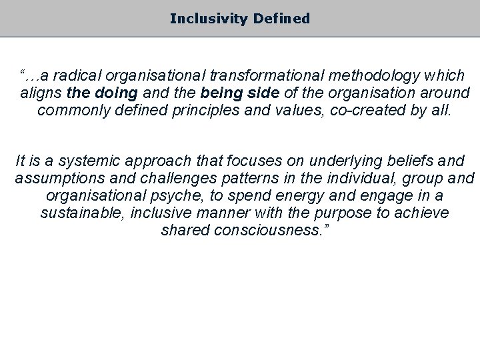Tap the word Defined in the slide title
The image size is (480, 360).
[x=281, y=19]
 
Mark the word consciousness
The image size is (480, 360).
[x=265, y=230]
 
